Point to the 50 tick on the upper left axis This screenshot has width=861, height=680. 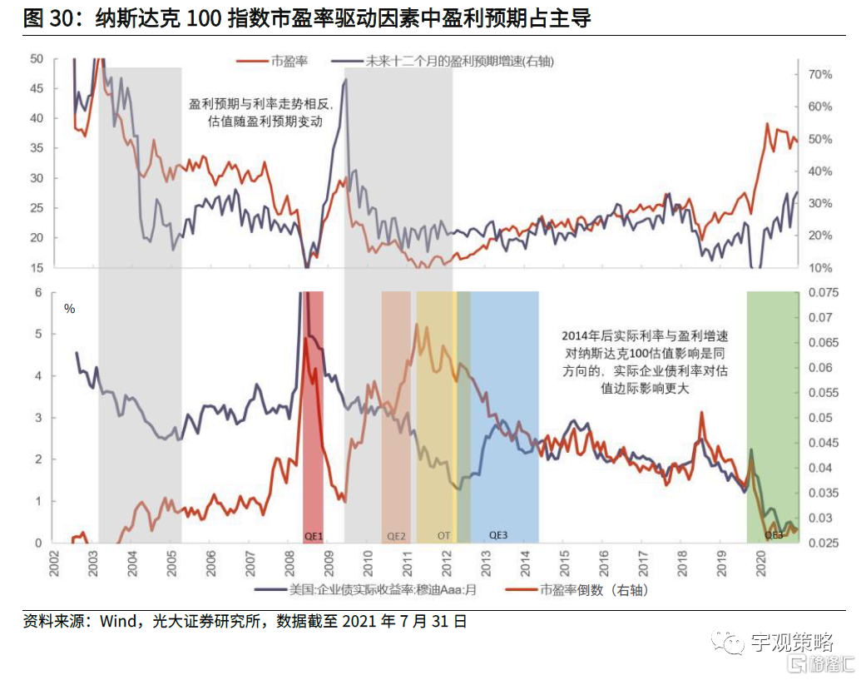pos(36,58)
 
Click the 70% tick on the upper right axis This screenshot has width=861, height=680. pos(820,75)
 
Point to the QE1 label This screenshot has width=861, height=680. pos(313,535)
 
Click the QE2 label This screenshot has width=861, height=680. pos(396,535)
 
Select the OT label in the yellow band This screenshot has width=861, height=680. pos(443,535)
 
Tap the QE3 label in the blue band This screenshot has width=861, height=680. pos(499,535)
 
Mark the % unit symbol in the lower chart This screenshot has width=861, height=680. pos(70,309)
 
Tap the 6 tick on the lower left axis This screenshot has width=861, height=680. pos(38,293)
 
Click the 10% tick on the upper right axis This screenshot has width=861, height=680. pos(820,268)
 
